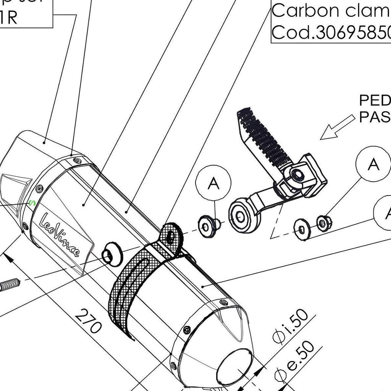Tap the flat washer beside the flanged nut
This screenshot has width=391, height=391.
point(302,229)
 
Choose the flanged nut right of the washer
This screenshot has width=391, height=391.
point(323,223)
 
